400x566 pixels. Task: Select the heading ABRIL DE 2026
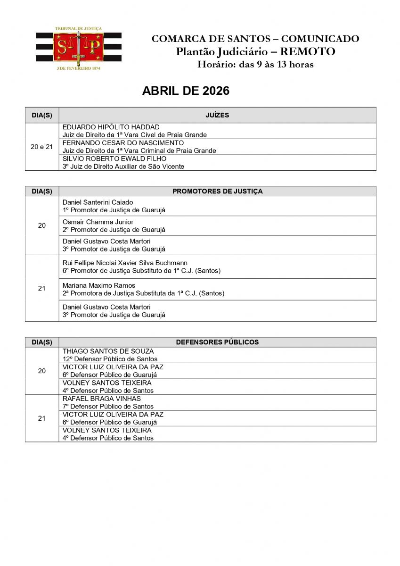click(186, 91)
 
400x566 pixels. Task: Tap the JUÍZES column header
click(217, 115)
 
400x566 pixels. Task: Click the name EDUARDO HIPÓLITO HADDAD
click(111, 127)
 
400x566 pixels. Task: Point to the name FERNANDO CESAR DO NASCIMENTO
click(123, 143)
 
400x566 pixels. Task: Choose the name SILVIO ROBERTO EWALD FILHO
click(114, 159)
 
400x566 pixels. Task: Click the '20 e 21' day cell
click(41, 147)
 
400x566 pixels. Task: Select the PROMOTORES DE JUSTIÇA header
click(217, 191)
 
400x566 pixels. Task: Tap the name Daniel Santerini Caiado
click(98, 202)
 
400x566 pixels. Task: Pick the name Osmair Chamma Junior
click(98, 222)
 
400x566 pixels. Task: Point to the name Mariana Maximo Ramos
click(98, 285)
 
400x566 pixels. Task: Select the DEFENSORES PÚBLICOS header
click(217, 342)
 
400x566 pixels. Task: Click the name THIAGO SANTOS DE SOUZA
click(108, 351)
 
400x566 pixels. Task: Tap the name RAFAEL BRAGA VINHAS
click(101, 399)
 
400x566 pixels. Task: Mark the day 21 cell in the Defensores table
click(41, 418)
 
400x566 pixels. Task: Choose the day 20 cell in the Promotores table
click(41, 225)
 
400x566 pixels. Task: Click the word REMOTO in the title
click(307, 52)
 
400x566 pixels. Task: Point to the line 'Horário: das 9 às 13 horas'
click(255, 65)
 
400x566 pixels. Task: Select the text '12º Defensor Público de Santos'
click(110, 359)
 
